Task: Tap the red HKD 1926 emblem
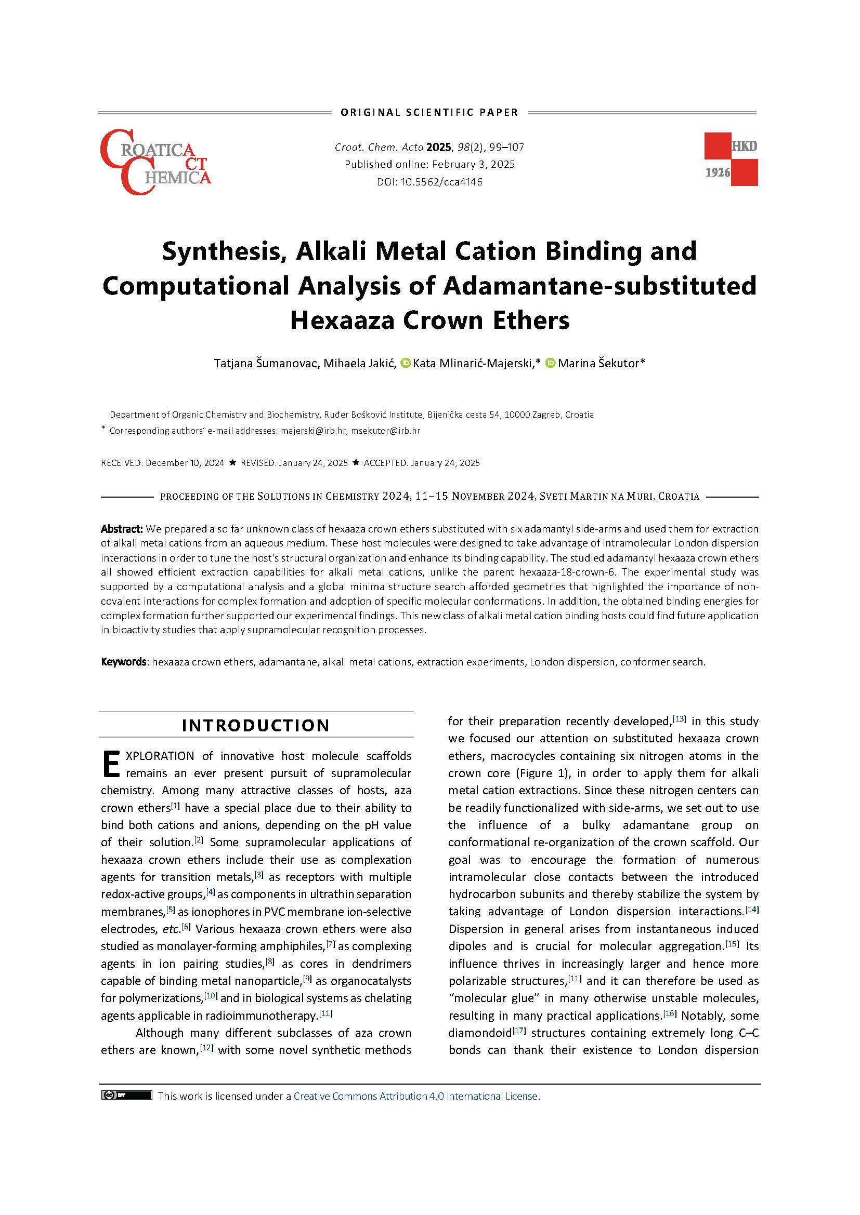point(730,159)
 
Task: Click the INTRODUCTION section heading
point(256,725)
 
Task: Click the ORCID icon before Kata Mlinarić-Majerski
point(406,363)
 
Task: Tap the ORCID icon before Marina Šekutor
point(550,363)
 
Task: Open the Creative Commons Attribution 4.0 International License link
point(416,1096)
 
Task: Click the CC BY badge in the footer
point(126,1096)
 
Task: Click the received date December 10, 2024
point(185,463)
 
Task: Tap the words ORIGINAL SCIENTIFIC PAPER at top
point(429,112)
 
